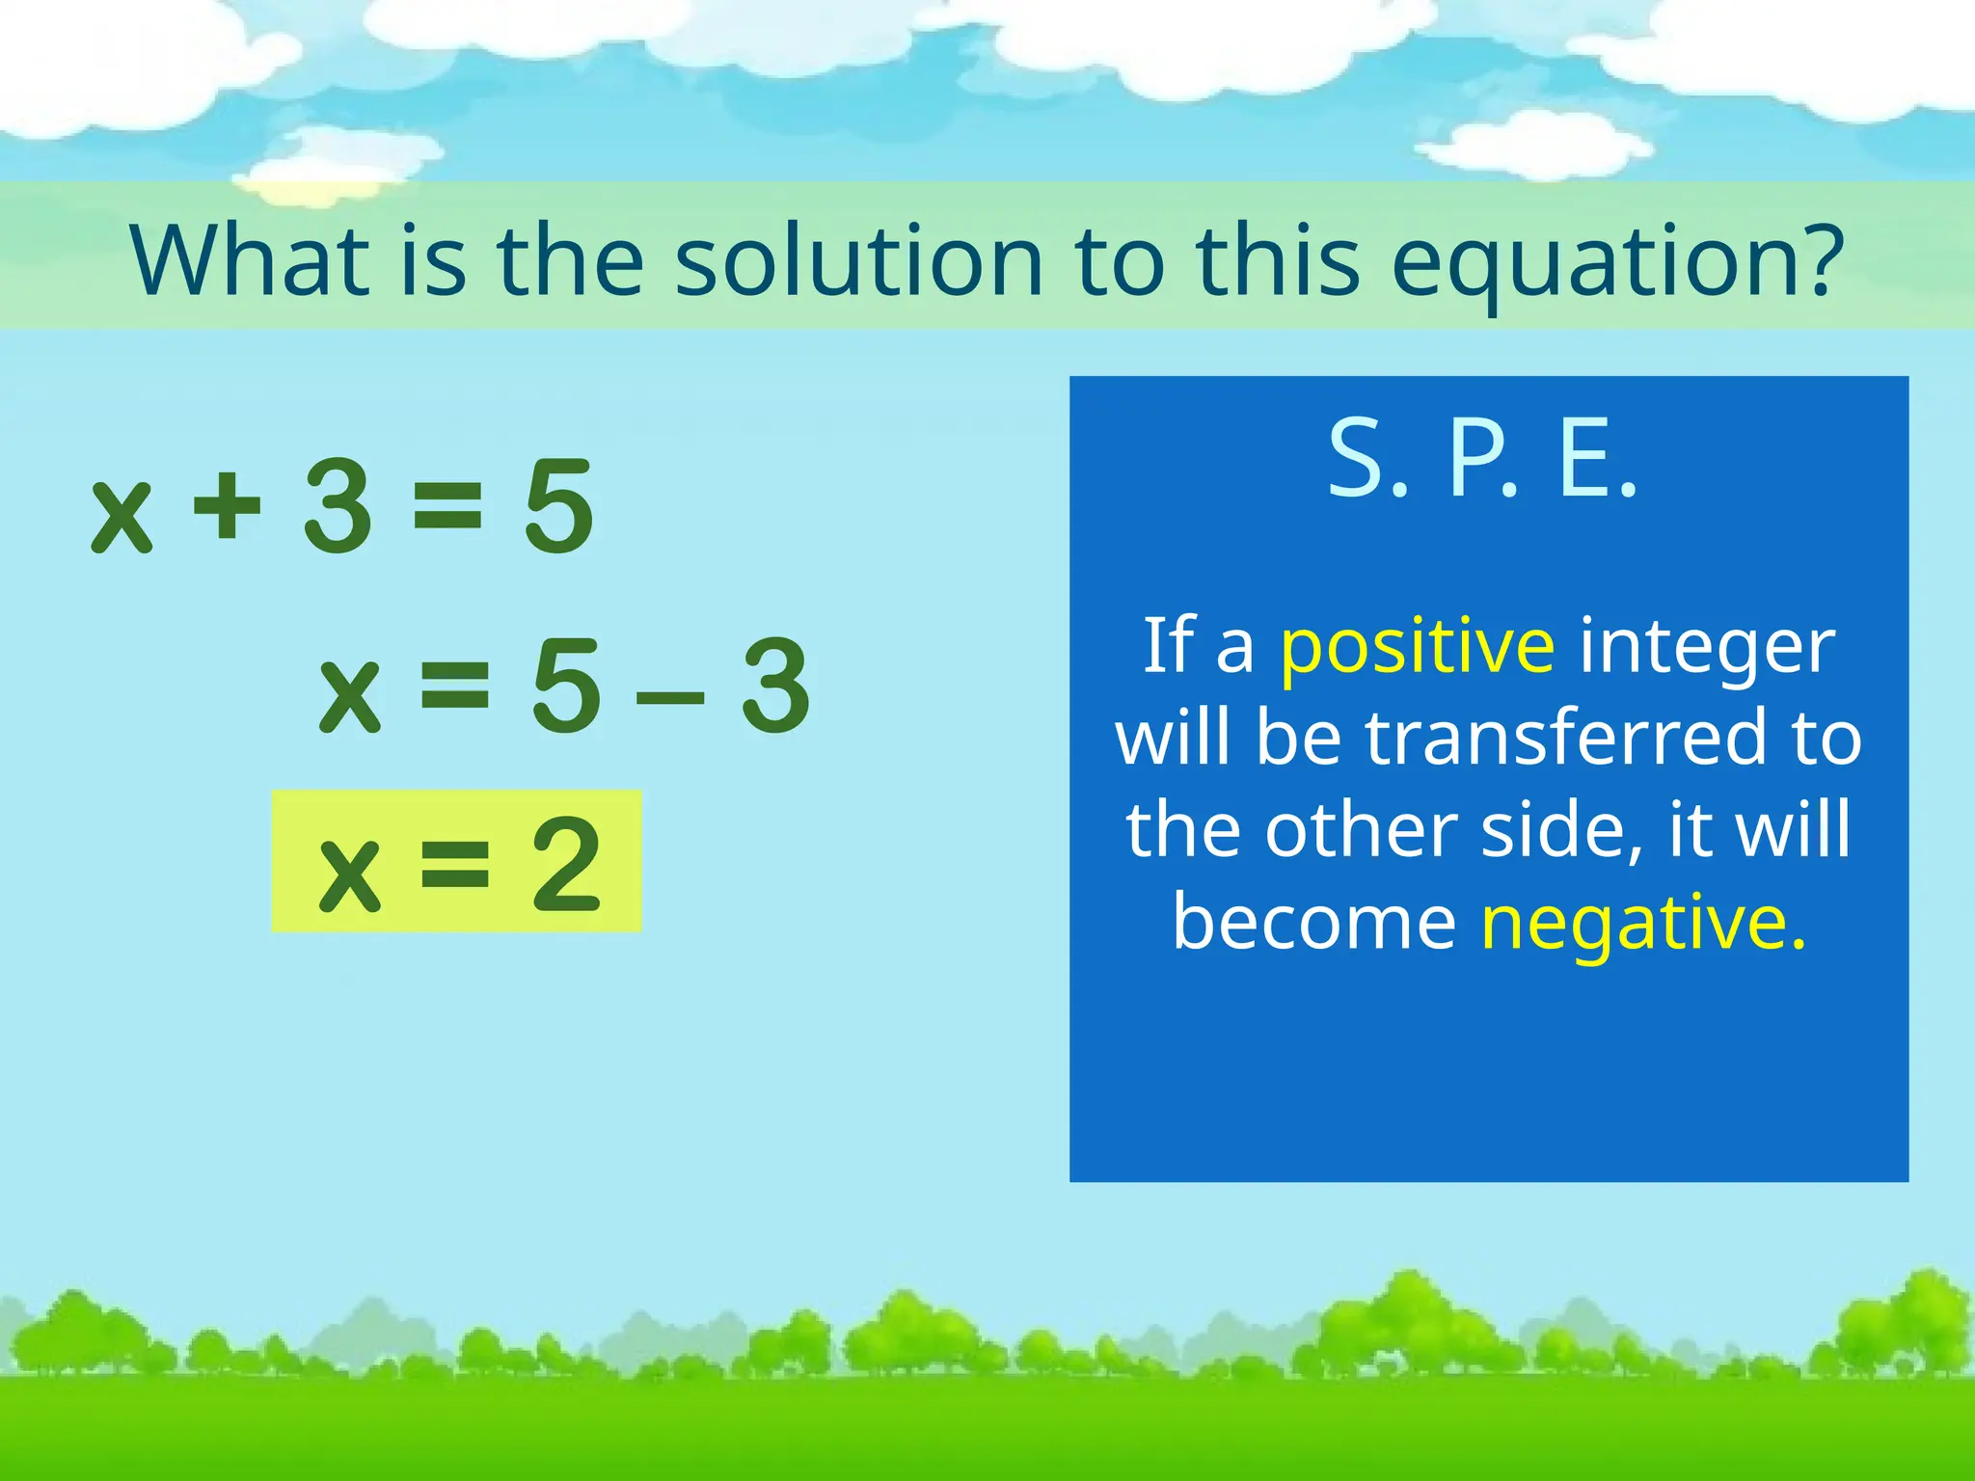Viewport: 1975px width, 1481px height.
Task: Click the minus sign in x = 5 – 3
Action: (x=670, y=690)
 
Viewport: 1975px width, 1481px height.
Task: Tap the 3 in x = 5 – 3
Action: (x=775, y=686)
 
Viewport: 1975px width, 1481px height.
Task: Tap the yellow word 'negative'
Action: (x=1642, y=924)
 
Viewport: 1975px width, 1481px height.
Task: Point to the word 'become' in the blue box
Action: (x=1313, y=922)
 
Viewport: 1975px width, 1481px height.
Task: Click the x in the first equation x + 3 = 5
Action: (x=122, y=516)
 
